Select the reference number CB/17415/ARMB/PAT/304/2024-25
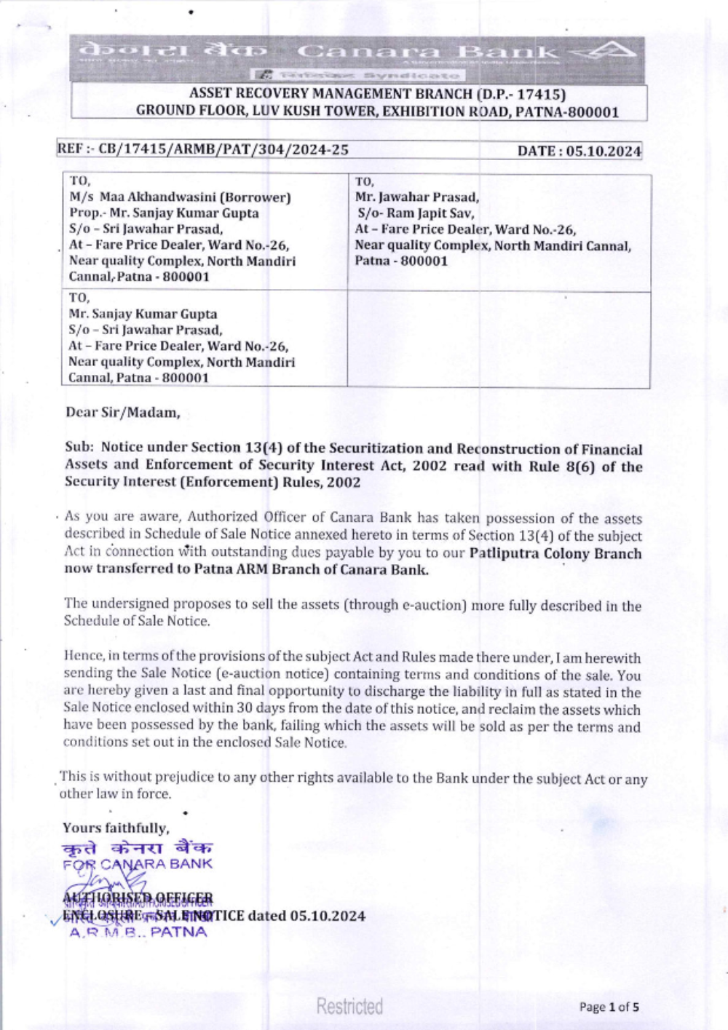tap(223, 150)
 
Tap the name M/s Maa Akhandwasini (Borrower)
tap(180, 197)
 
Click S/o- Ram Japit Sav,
tap(416, 213)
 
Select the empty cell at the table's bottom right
tap(499, 338)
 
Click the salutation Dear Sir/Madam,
tap(122, 413)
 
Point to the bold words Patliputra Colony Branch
tap(555, 553)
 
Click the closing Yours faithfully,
tap(116, 828)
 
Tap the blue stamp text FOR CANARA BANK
tap(138, 865)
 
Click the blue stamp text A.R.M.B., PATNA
tap(138, 932)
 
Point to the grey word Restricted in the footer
tap(349, 1007)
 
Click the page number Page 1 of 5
tap(609, 1007)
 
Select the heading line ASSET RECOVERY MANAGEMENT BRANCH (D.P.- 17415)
tap(377, 94)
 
